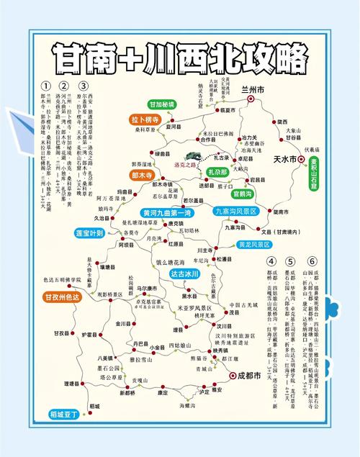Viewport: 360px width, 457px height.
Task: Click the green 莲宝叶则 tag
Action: (x=90, y=234)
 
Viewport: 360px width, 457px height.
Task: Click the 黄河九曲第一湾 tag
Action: (x=166, y=214)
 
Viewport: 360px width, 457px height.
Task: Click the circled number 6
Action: (x=312, y=261)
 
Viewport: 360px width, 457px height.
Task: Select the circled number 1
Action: (x=45, y=85)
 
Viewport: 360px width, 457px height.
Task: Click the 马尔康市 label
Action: (x=148, y=289)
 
